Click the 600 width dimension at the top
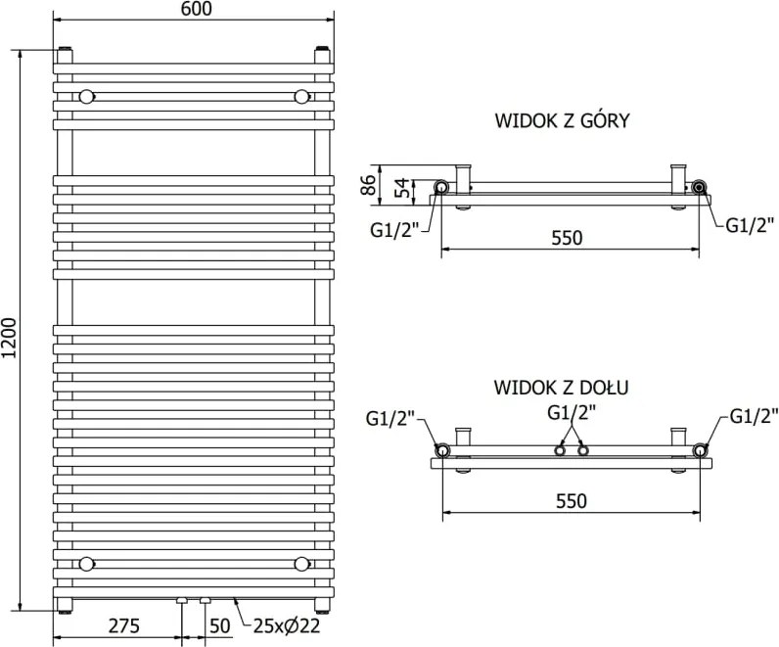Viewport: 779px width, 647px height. (x=196, y=9)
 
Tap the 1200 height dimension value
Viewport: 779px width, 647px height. (x=10, y=338)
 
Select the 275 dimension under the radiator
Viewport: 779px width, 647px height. (x=124, y=625)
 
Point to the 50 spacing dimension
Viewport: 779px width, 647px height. (x=219, y=625)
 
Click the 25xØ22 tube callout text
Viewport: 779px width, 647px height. (x=287, y=625)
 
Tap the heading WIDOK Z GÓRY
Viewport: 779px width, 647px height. (x=562, y=120)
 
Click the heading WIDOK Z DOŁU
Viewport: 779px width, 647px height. (x=562, y=387)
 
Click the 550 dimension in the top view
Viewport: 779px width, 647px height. (x=567, y=238)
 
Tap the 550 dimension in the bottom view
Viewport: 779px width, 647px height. (x=572, y=501)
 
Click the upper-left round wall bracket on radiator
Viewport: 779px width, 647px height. (x=87, y=96)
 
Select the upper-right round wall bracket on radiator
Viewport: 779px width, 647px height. (x=301, y=96)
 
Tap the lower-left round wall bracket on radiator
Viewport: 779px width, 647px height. (x=87, y=564)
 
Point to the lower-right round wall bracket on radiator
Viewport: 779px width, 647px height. (x=301, y=564)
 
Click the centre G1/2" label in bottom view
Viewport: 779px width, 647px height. (x=572, y=412)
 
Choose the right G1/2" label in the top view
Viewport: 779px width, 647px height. (x=751, y=224)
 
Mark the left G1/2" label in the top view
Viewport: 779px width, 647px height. (x=395, y=230)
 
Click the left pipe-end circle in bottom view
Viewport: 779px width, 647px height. (x=441, y=450)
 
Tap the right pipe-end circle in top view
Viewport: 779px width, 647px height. (x=700, y=187)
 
